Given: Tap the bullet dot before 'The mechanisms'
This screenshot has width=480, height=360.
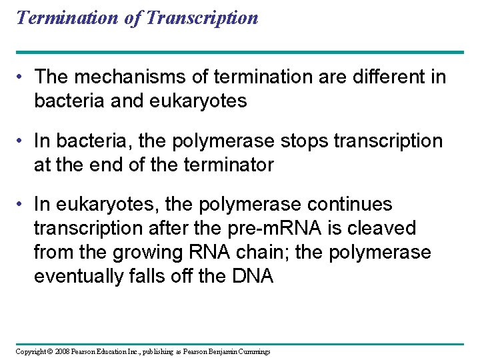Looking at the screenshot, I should (x=21, y=77).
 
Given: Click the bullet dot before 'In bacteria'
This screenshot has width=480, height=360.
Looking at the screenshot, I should (x=21, y=141).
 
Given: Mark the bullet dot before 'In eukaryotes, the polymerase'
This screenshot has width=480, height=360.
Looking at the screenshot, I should (x=21, y=205).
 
